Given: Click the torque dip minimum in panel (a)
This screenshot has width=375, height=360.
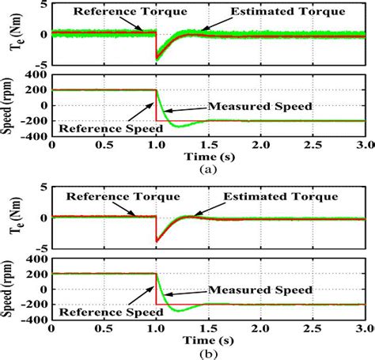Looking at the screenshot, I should [158, 57].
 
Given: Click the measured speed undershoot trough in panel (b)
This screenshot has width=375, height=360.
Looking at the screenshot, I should [178, 311].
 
